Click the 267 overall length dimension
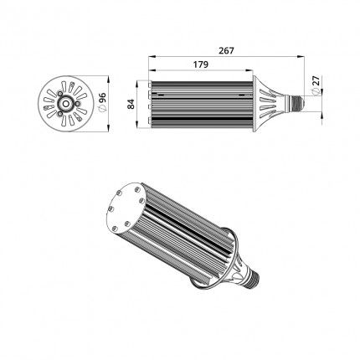[x=226, y=51]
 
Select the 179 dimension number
[x=201, y=64]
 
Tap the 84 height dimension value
[x=131, y=104]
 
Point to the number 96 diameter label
[x=102, y=98]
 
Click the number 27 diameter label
[x=316, y=81]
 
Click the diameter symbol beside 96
[x=102, y=109]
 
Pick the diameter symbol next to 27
[x=316, y=91]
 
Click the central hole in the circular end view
[x=66, y=104]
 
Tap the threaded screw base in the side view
[x=296, y=104]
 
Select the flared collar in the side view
[x=265, y=104]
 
